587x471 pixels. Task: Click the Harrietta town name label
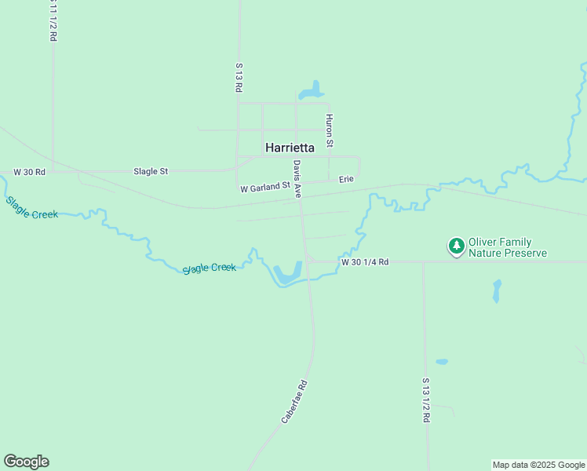point(290,147)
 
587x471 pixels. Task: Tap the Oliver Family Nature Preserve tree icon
point(456,246)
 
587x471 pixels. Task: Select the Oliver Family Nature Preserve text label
point(507,248)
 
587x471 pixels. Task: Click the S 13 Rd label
point(238,78)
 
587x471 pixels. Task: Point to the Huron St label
point(330,130)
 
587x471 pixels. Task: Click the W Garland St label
point(265,188)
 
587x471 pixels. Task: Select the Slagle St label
point(151,171)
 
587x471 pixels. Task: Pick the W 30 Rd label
point(29,172)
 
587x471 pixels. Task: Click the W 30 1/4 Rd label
point(365,261)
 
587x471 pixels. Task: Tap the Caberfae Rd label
point(293,403)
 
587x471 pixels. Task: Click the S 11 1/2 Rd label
point(53,21)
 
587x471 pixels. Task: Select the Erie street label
point(346,180)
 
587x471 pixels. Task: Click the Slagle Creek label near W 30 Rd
point(31,207)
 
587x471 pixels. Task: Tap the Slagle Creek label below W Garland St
point(210,268)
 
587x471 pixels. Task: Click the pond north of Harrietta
point(312,90)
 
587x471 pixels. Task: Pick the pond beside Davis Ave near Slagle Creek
point(288,273)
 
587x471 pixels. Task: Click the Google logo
point(27,462)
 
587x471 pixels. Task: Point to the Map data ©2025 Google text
point(538,465)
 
